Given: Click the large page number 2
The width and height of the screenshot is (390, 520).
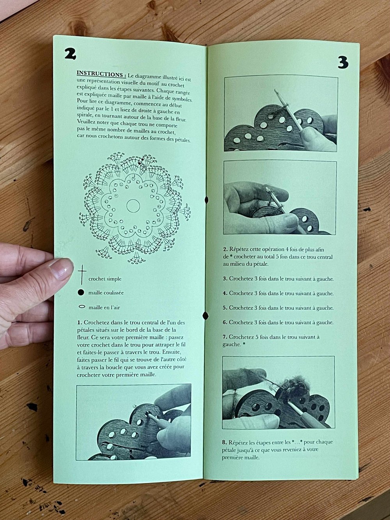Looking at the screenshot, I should [x=70, y=53].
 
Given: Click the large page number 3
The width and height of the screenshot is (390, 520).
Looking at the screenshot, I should [x=342, y=62].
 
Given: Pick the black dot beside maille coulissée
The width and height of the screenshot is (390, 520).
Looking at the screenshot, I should [x=81, y=293].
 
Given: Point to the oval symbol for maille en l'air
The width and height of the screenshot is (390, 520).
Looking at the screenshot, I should [x=82, y=307].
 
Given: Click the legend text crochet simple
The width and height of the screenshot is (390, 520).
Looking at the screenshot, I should [x=105, y=279].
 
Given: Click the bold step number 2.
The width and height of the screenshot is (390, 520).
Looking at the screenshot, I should [x=225, y=250].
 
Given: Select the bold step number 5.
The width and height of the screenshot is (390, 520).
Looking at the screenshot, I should [x=225, y=308].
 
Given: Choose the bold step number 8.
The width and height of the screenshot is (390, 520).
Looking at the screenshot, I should [x=224, y=442].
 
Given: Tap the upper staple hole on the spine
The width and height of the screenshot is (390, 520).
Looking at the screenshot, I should [x=206, y=200].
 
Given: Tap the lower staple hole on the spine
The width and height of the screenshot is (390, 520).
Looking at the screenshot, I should [x=206, y=315].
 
